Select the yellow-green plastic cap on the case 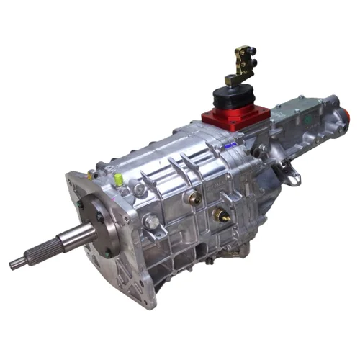tap(116, 176)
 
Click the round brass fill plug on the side tap(194, 197)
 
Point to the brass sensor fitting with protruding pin tap(221, 214)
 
